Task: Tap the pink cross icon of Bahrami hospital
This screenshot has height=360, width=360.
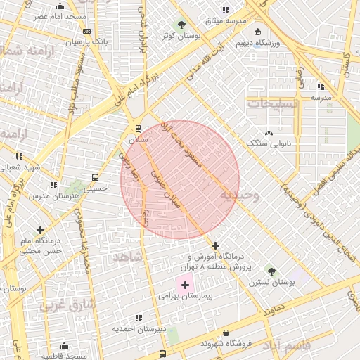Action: coord(186,285)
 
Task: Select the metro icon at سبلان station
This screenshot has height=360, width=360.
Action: coord(138,129)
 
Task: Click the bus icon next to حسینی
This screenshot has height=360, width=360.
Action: coord(95,178)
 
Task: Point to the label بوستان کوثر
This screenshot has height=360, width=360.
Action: coord(179,34)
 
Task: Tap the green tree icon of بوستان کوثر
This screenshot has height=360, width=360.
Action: coord(182,25)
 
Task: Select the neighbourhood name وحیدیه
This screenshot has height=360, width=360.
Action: coord(238,195)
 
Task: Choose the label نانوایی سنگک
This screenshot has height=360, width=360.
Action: coord(267,143)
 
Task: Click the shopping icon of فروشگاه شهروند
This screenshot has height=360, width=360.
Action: coord(226,333)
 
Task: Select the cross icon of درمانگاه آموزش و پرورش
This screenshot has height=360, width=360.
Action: coord(215,245)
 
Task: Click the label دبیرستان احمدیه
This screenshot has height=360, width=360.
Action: coord(141,328)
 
